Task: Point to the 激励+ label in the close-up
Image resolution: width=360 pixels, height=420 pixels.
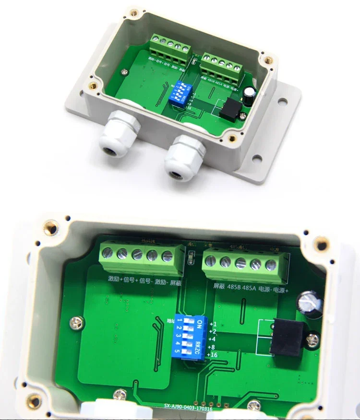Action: [115, 279]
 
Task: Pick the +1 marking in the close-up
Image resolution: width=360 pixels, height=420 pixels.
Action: [213, 324]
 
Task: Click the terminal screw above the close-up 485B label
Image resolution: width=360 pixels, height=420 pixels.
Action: [225, 261]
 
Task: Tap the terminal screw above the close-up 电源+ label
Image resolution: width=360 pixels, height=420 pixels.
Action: [271, 264]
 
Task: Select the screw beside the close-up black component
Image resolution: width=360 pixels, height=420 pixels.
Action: [314, 339]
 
